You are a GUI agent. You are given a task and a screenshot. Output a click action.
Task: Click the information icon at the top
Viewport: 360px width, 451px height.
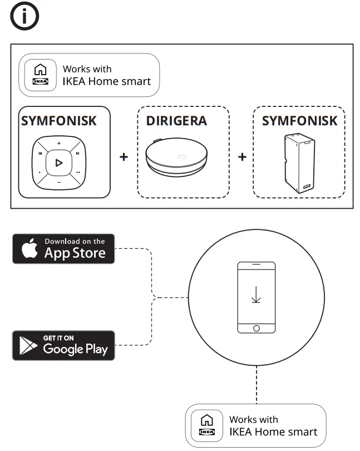pyautogui.click(x=25, y=18)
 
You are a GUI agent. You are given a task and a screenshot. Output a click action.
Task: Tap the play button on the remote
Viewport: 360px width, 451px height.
pyautogui.click(x=59, y=163)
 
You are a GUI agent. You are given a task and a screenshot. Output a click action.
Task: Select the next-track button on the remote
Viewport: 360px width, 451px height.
pyautogui.click(x=78, y=154)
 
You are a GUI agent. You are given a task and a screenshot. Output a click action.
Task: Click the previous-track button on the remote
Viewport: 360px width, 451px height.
pyautogui.click(x=40, y=154)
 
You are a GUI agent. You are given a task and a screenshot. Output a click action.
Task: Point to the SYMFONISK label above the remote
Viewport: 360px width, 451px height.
pyautogui.click(x=58, y=121)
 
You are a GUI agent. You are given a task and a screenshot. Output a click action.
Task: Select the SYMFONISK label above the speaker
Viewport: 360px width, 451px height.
pyautogui.click(x=299, y=121)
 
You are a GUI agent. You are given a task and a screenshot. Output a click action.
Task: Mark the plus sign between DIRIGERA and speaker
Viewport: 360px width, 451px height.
pyautogui.click(x=242, y=157)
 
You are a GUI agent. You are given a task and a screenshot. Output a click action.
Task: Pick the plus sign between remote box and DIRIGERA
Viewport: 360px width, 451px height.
pyautogui.click(x=124, y=157)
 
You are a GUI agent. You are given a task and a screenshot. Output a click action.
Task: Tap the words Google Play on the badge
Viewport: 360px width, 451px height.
pyautogui.click(x=75, y=349)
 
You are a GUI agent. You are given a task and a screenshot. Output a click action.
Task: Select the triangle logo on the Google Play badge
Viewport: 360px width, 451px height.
pyautogui.click(x=27, y=346)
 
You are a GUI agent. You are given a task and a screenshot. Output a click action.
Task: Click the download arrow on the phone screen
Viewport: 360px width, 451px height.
pyautogui.click(x=256, y=293)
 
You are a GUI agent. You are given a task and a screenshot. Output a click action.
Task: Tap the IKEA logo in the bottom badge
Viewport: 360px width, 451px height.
pyautogui.click(x=206, y=432)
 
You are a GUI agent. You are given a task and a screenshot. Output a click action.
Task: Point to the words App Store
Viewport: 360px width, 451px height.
pyautogui.click(x=75, y=253)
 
